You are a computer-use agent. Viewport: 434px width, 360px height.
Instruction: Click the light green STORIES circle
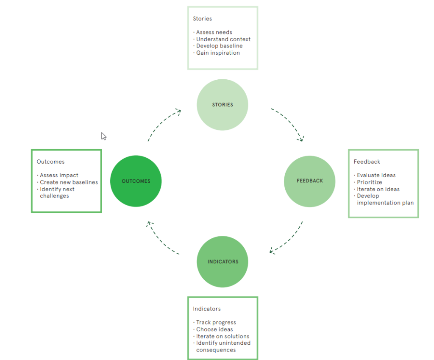click(x=223, y=105)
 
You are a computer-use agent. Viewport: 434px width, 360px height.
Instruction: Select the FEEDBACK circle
click(x=309, y=181)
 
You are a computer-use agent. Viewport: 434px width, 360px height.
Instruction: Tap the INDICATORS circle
click(x=223, y=262)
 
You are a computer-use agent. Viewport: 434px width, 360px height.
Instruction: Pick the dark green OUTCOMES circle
click(x=136, y=181)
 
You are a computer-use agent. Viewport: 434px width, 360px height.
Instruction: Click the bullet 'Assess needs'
click(x=214, y=32)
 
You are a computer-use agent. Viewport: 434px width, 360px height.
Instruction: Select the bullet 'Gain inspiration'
click(x=218, y=53)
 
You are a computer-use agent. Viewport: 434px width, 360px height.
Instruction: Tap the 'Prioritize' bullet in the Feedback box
click(x=369, y=182)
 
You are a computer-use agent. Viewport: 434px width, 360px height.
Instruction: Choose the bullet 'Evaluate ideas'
click(x=376, y=175)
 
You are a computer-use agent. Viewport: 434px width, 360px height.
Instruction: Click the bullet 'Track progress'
click(x=216, y=323)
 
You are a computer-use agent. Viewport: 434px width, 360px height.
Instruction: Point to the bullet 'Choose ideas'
click(x=214, y=329)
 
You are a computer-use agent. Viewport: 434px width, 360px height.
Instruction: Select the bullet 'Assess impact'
click(x=59, y=175)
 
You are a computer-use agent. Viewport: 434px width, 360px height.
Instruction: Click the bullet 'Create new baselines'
click(x=69, y=182)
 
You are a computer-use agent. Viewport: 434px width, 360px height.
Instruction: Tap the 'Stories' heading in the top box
click(x=202, y=19)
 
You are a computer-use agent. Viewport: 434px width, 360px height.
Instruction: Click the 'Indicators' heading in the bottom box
click(x=207, y=309)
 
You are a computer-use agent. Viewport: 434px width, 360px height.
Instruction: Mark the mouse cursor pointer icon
click(x=103, y=136)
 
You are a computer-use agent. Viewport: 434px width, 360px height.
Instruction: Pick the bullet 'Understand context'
click(x=223, y=39)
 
